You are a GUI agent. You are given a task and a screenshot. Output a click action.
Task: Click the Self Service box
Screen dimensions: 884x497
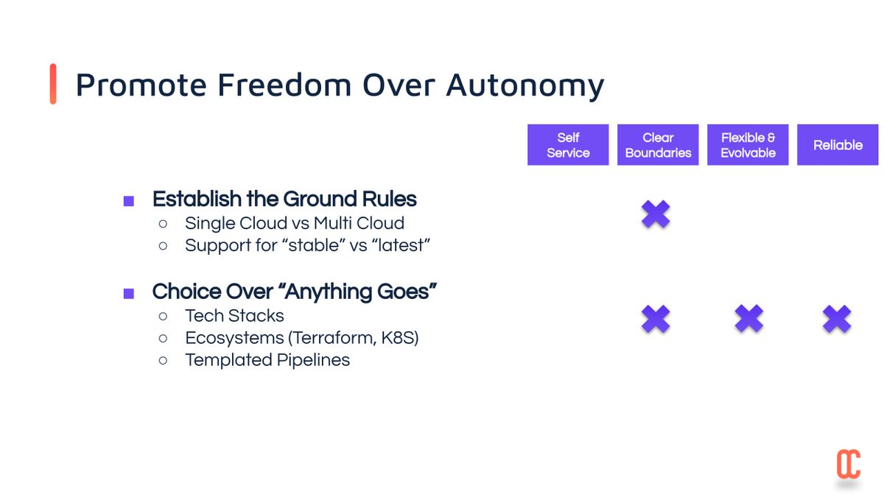pyautogui.click(x=568, y=145)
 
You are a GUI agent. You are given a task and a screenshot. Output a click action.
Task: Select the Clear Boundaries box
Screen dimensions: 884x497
pyautogui.click(x=658, y=145)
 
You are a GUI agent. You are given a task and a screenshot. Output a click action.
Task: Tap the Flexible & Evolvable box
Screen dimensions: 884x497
pyautogui.click(x=748, y=145)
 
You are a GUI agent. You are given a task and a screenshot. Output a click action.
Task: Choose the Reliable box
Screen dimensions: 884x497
pyautogui.click(x=838, y=145)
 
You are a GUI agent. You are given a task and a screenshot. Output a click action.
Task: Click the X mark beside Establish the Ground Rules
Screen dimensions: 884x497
pyautogui.click(x=656, y=214)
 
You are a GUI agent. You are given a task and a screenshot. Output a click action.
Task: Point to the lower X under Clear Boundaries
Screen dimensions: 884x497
pyautogui.click(x=656, y=318)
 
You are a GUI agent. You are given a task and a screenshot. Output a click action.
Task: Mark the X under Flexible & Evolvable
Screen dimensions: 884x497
pyautogui.click(x=748, y=318)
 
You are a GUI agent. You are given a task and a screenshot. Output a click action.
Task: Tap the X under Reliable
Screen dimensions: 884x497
pyautogui.click(x=837, y=318)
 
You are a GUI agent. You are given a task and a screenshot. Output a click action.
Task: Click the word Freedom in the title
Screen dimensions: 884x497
pyautogui.click(x=284, y=85)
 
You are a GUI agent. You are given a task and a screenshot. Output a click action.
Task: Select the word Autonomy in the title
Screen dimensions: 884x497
pyautogui.click(x=525, y=86)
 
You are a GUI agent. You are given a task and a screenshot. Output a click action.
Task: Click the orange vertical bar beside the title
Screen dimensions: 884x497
pyautogui.click(x=53, y=84)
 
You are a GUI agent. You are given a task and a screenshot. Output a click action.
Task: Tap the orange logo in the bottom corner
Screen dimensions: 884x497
pyautogui.click(x=849, y=464)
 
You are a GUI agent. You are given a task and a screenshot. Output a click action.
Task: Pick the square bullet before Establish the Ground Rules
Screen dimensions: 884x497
pyautogui.click(x=129, y=201)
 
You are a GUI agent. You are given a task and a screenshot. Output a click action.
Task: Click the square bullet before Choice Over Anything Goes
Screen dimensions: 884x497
pyautogui.click(x=129, y=294)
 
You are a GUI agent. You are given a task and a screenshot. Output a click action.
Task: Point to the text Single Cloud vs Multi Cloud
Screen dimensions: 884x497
pyautogui.click(x=295, y=223)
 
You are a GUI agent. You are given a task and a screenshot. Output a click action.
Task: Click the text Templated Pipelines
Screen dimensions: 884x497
pyautogui.click(x=267, y=360)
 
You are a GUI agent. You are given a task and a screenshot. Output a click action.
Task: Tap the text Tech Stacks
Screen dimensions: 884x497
pyautogui.click(x=234, y=316)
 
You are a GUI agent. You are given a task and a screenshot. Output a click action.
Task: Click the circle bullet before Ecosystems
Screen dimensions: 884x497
pyautogui.click(x=163, y=338)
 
